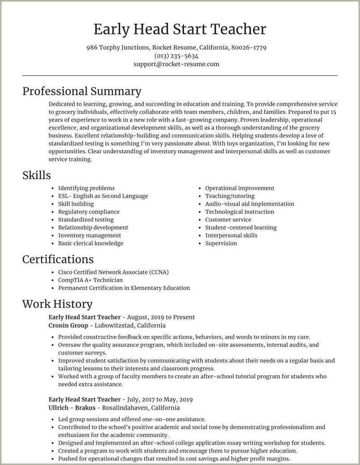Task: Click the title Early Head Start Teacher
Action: point(180,29)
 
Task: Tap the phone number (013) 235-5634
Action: point(176,56)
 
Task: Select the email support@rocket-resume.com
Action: point(176,64)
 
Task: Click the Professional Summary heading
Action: point(82,92)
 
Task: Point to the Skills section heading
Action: point(37,176)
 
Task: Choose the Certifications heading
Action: point(58,260)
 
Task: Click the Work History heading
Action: point(57,304)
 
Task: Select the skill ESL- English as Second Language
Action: point(103,196)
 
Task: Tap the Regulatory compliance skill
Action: point(88,212)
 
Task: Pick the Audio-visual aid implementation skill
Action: point(249,204)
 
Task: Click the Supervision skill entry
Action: point(221,243)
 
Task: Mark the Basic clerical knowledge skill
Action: point(90,243)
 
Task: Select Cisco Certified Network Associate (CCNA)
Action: point(113,272)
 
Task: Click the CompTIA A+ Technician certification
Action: point(90,280)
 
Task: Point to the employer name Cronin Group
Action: point(68,325)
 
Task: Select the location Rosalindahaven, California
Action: point(141,407)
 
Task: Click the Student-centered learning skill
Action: point(241,227)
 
